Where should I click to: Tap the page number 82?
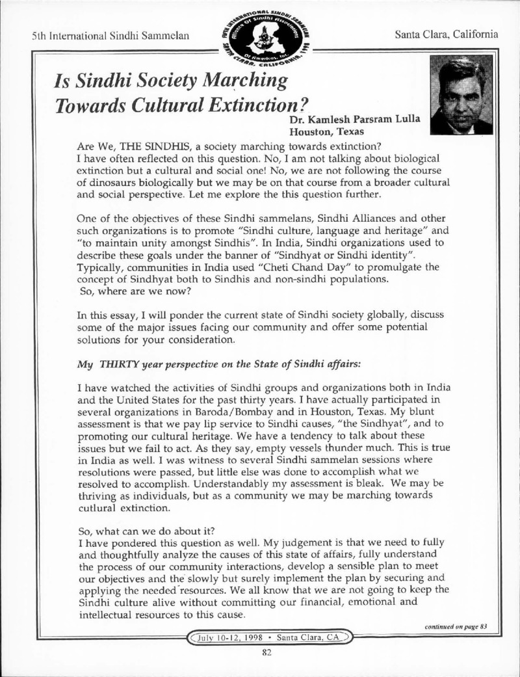click(265, 654)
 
